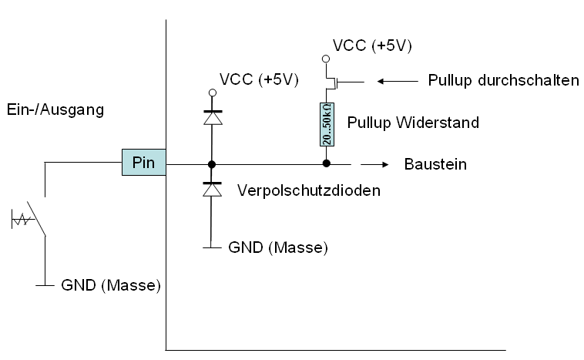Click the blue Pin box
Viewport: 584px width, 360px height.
click(144, 163)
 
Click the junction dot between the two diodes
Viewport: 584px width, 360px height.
click(210, 164)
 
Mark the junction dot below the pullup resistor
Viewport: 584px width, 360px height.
click(326, 164)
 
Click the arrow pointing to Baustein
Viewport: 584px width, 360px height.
click(375, 164)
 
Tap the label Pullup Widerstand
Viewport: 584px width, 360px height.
click(414, 122)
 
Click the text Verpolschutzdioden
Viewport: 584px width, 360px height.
click(308, 190)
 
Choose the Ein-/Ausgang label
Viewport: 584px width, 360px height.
click(54, 109)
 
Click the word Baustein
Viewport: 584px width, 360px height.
click(435, 164)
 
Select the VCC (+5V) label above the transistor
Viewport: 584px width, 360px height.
click(372, 45)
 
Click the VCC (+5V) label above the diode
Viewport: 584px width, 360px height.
click(258, 79)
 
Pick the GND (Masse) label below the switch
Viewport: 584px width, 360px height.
click(110, 285)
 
